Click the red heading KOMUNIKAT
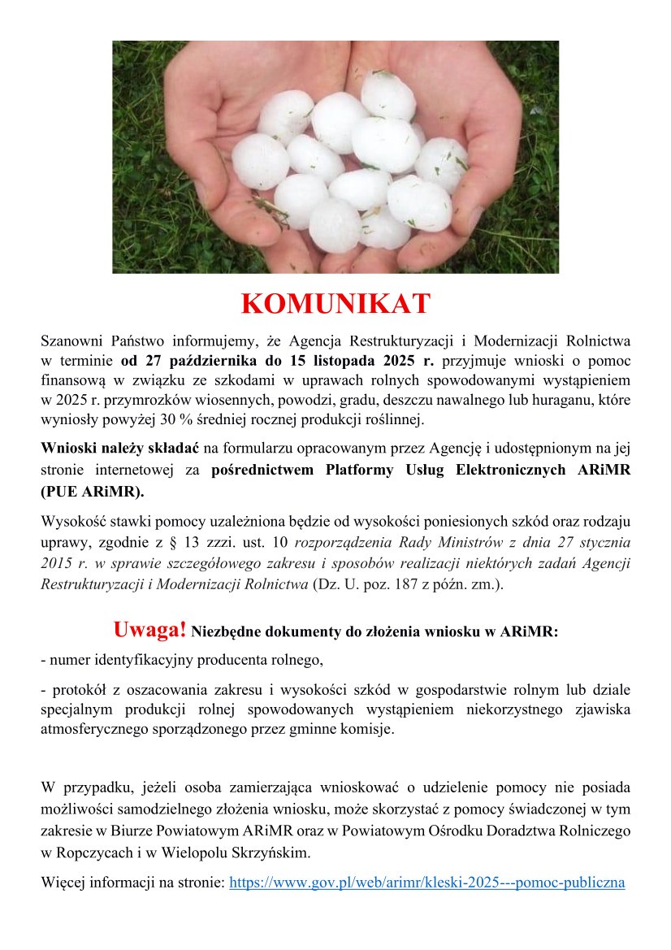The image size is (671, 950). [x=335, y=304]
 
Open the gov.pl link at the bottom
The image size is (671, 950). [x=427, y=881]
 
